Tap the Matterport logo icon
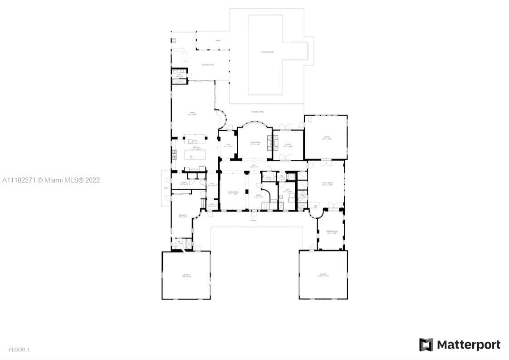click(x=426, y=345)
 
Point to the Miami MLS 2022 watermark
click(x=51, y=180)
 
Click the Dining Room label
click(x=233, y=193)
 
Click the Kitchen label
click(x=196, y=148)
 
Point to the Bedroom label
click(x=182, y=216)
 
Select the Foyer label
click(x=258, y=196)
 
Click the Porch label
click(x=253, y=221)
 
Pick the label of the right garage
click(x=323, y=274)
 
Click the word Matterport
click(x=469, y=345)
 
